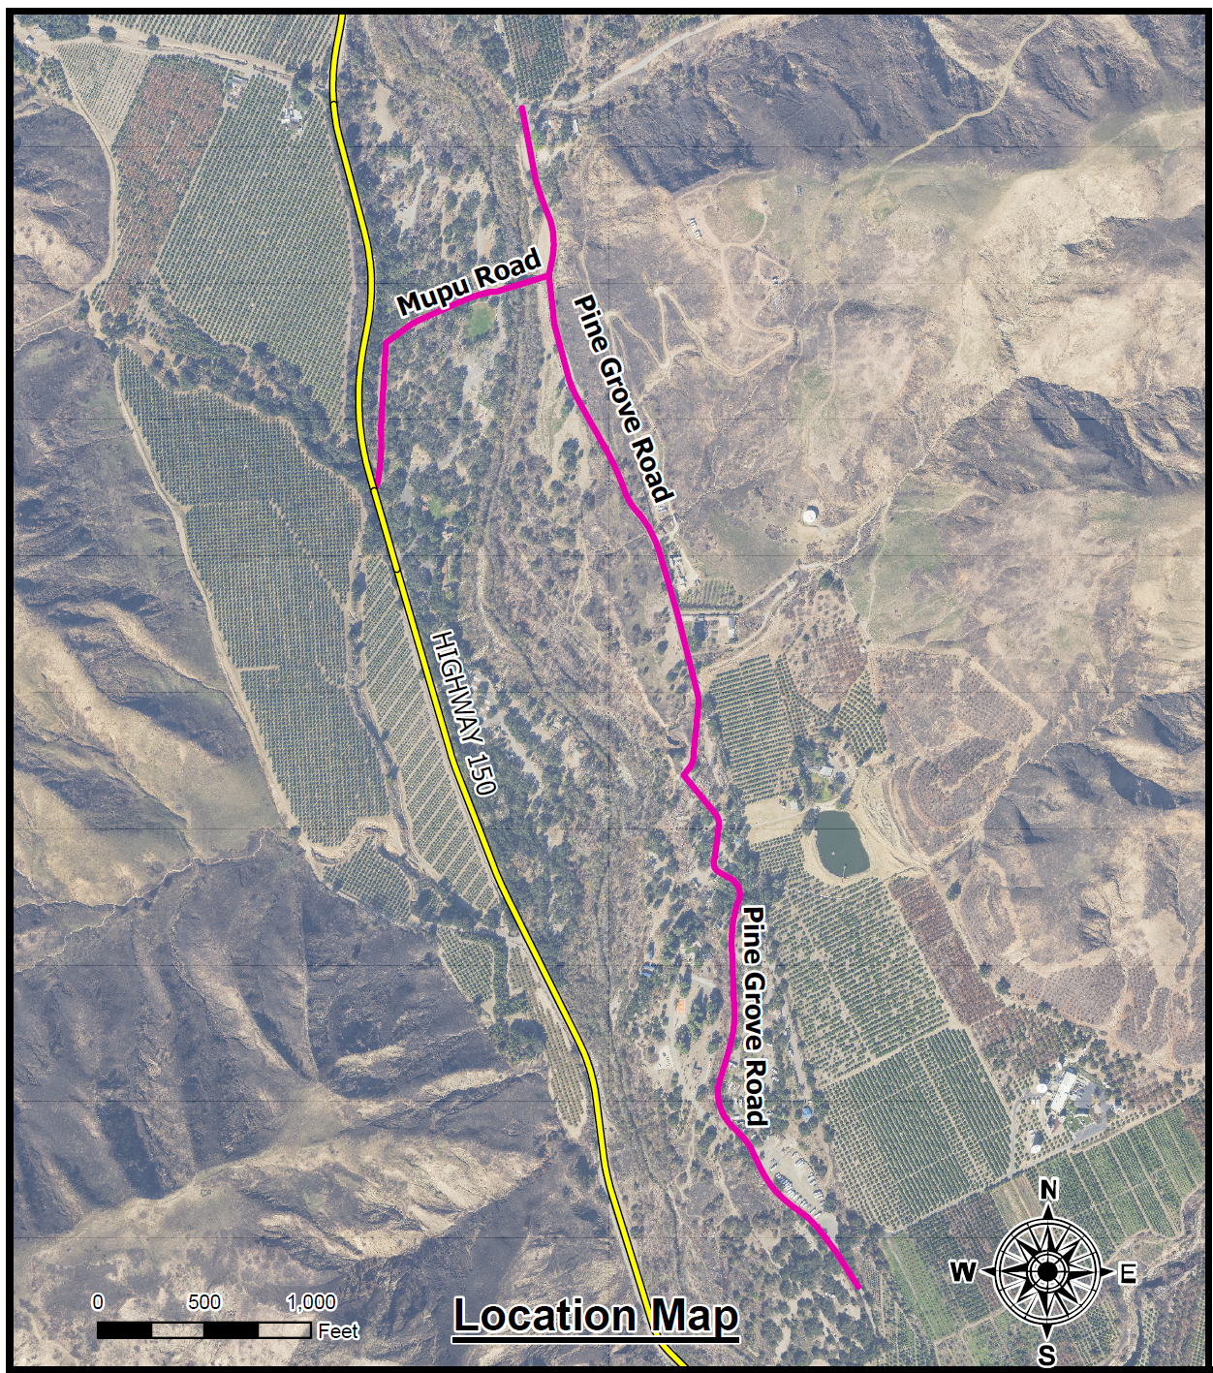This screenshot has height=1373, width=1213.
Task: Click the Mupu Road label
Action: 469,283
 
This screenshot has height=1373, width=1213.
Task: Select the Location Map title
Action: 596,1316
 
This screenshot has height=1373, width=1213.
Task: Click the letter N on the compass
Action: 1047,1190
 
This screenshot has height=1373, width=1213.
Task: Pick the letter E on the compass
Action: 1127,1273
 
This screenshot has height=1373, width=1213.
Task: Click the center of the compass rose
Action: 1047,1271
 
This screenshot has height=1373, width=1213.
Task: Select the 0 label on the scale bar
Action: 97,1301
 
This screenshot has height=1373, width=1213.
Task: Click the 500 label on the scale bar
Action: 204,1301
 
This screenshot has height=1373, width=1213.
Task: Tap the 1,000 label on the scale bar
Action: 311,1301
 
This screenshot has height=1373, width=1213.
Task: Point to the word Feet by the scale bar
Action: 338,1331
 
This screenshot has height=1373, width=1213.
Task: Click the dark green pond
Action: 840,841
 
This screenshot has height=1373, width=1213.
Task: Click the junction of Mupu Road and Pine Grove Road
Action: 549,277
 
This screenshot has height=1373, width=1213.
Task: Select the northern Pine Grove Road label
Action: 623,398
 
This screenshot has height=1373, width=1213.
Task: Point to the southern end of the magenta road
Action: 858,1288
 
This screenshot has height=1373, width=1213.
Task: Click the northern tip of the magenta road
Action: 522,108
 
